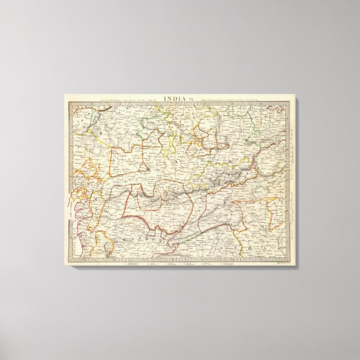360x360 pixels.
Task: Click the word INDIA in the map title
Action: (171, 99)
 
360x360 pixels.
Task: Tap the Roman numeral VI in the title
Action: (188, 99)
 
